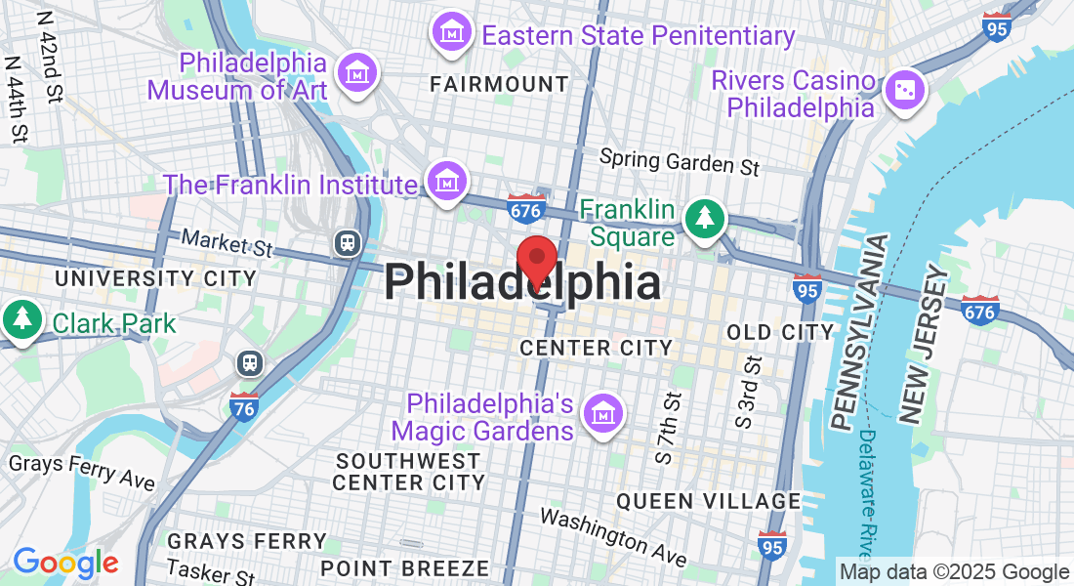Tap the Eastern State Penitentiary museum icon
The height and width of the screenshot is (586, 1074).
coord(452,35)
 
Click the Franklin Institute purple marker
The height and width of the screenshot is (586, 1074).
coord(447,182)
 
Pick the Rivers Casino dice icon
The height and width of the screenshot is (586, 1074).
coord(903,91)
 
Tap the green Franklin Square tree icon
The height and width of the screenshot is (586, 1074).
coord(704,218)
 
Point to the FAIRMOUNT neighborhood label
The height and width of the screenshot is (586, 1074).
coord(499,85)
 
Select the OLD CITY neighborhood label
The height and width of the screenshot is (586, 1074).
coord(780,333)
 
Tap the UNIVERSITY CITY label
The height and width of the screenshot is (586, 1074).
coord(155,279)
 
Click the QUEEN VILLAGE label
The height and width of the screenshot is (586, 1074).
coord(708,501)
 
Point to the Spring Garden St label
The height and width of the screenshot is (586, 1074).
coord(679,162)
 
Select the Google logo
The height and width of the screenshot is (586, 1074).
coord(65,563)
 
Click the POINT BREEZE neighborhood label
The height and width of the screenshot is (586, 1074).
coord(405,567)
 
